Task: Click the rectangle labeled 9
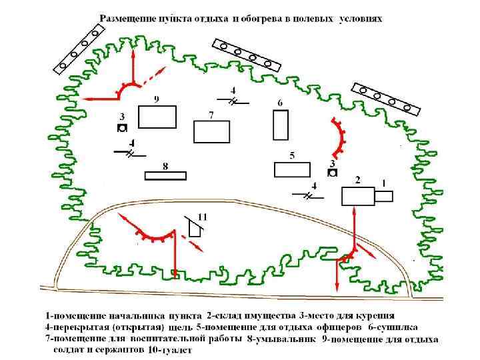(157, 117)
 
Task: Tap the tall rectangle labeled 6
(281, 125)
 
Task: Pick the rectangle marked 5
(292, 169)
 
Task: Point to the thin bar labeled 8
(165, 175)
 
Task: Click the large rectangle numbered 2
(358, 196)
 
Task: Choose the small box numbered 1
(383, 196)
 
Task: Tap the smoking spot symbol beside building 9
(122, 128)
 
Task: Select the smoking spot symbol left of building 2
(332, 173)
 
